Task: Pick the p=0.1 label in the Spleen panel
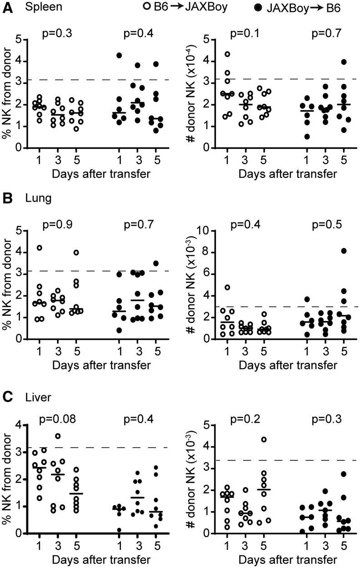point(244,33)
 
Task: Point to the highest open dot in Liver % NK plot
point(58,436)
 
